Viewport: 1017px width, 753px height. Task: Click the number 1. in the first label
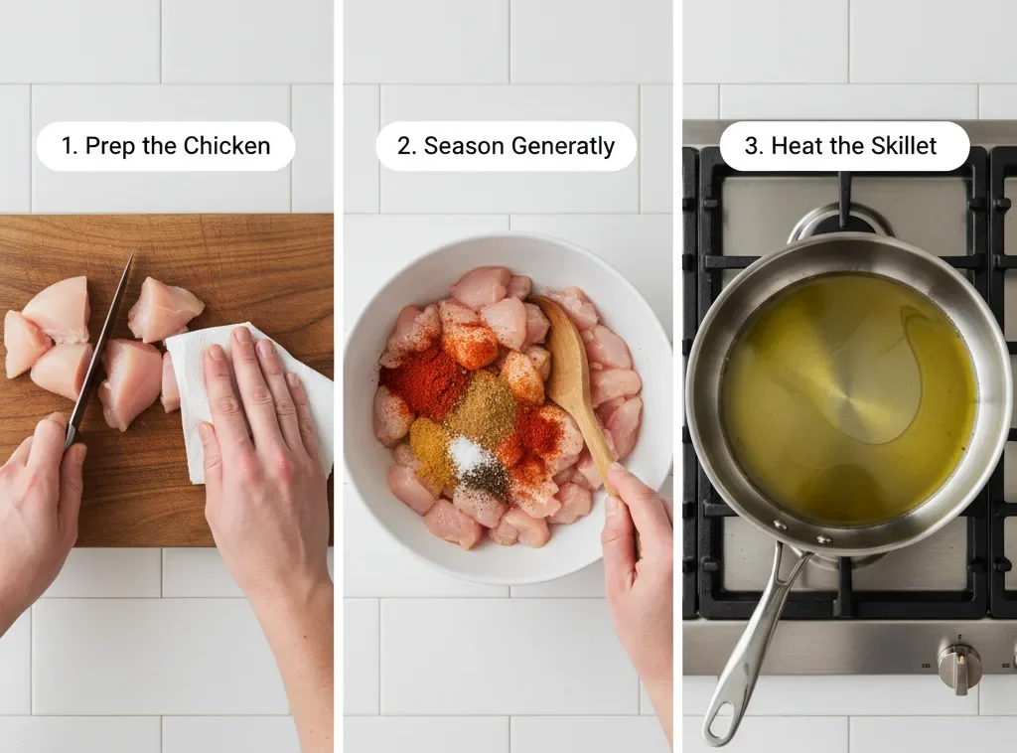[70, 146]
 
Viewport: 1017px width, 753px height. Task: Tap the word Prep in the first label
[109, 146]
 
